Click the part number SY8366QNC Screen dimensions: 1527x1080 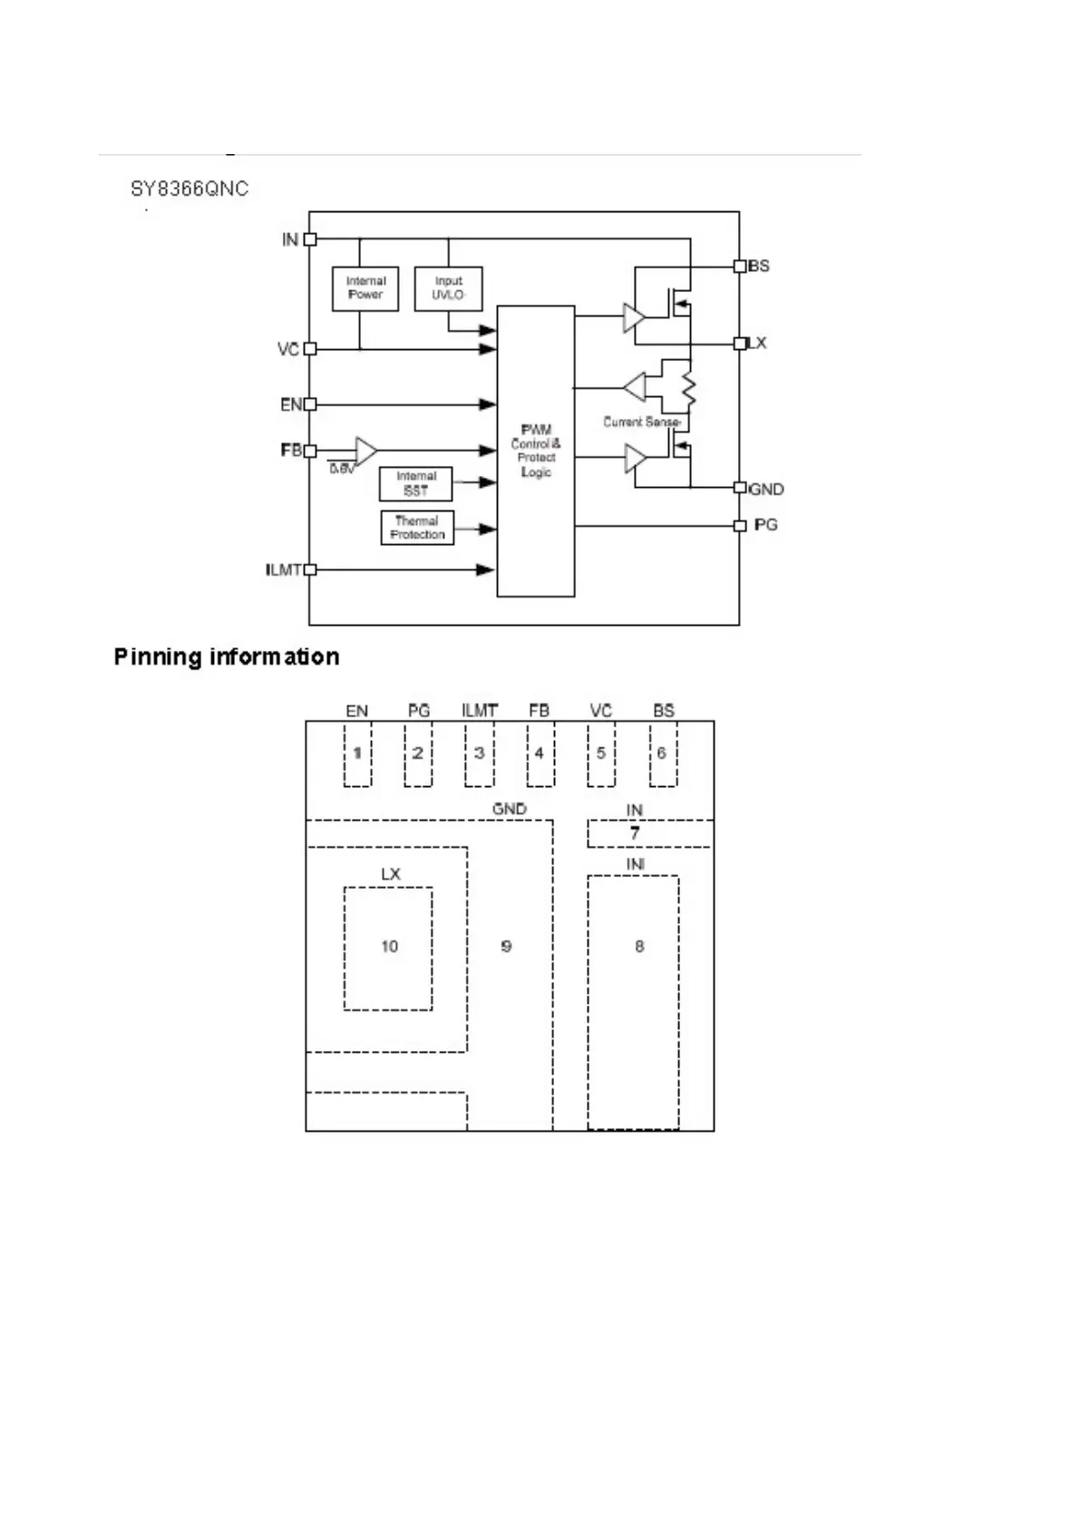coord(189,189)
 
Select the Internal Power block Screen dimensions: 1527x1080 coord(365,288)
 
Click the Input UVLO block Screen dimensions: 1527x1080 coord(448,288)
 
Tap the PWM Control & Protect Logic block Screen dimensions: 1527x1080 coord(535,451)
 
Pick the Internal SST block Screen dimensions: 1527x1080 coord(415,483)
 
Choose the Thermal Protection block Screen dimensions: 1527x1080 coord(417,528)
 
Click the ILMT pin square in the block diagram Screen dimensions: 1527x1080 coord(310,569)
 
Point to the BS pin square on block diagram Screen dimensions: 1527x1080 coord(739,266)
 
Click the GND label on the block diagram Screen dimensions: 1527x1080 coord(766,490)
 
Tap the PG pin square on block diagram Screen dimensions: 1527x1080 coord(739,526)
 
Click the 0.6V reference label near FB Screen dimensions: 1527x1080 coord(341,469)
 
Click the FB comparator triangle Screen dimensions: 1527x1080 coord(365,451)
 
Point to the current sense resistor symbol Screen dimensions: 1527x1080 coord(688,389)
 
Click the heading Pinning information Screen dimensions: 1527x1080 coord(227,657)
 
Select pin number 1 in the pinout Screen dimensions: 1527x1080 coord(357,754)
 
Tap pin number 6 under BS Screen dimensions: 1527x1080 coord(662,754)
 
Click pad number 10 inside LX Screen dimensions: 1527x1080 coord(389,947)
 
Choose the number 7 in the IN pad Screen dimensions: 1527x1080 coord(635,832)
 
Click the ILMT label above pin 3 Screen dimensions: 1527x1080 coord(480,711)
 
